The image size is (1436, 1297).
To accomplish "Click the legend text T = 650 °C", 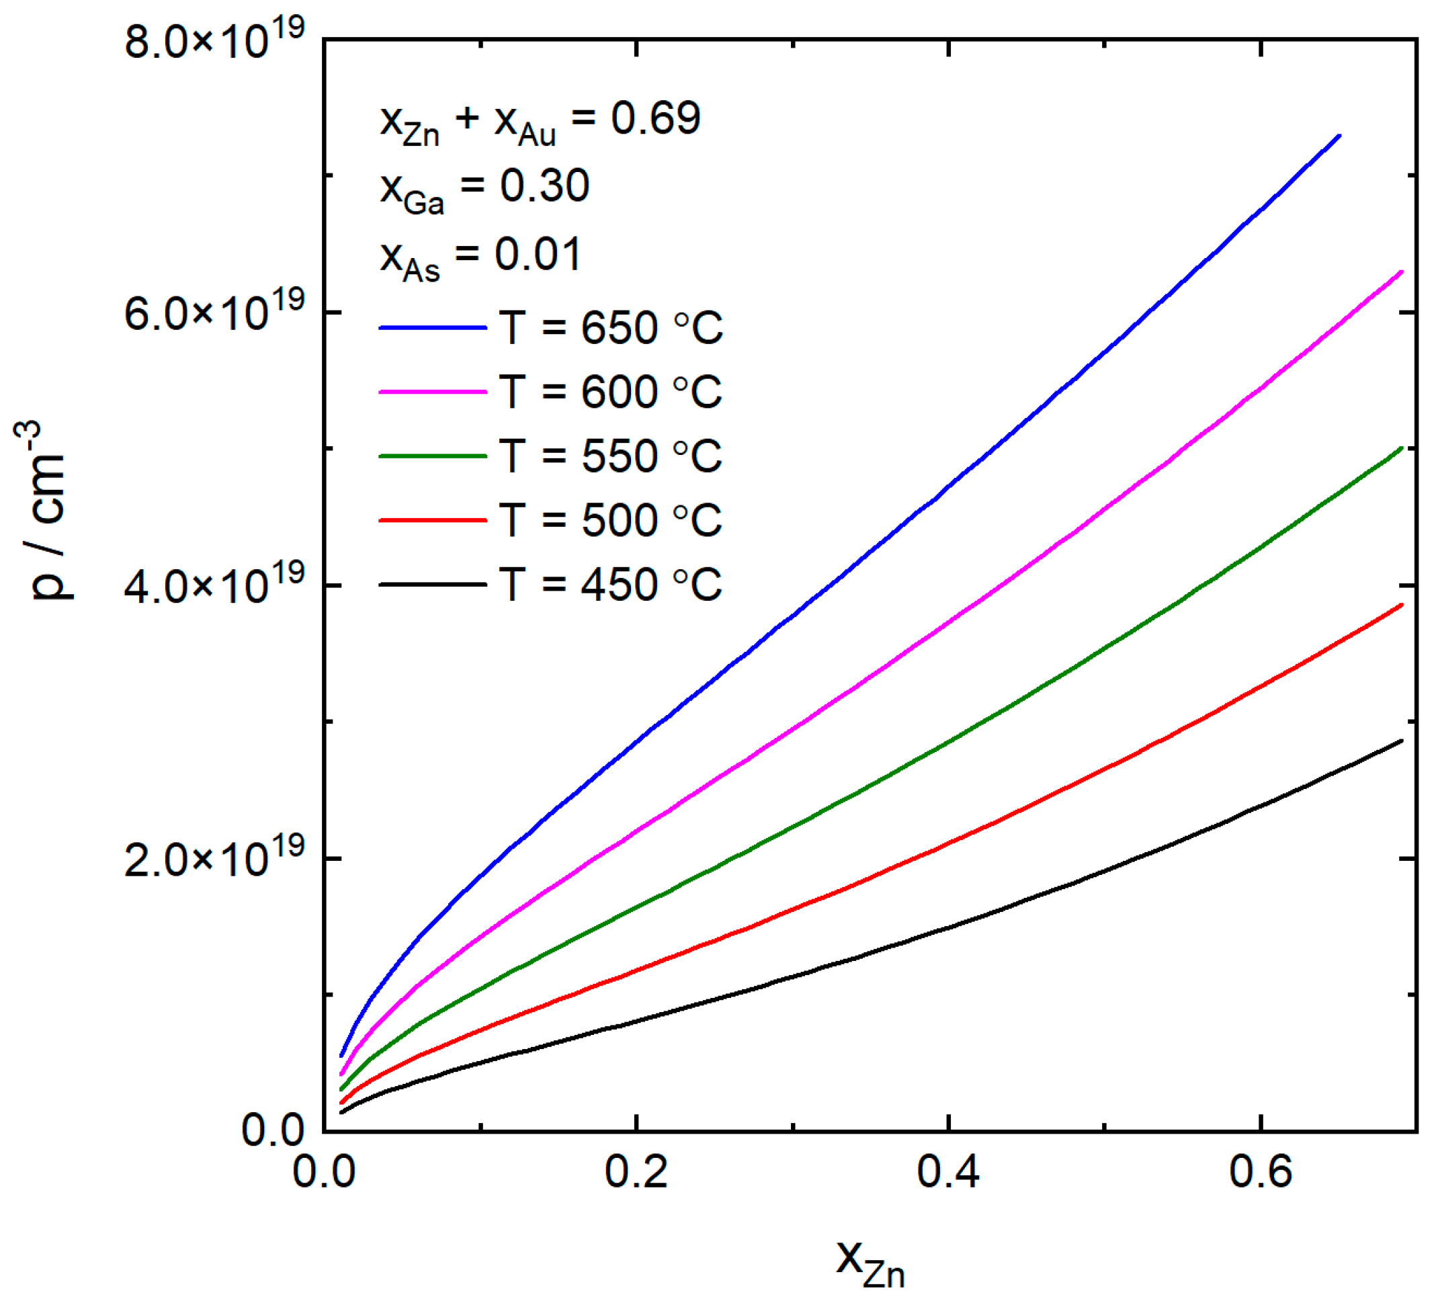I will pos(610,329).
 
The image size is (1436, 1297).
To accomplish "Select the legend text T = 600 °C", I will pos(610,392).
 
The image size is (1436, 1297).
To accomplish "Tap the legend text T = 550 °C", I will pos(610,456).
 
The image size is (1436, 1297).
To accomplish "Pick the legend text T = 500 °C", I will pos(610,520).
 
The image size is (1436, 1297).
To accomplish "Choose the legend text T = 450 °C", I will pos(610,585).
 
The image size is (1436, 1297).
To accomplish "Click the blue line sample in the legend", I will pos(432,328).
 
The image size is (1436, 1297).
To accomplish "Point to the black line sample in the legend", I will pos(432,585).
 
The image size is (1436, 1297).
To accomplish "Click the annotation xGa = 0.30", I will pos(484,189).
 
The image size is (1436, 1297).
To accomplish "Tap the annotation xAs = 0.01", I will pos(481,257).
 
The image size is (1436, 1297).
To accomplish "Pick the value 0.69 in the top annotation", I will pos(655,118).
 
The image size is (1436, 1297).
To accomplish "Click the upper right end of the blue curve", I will pos(1339,135).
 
